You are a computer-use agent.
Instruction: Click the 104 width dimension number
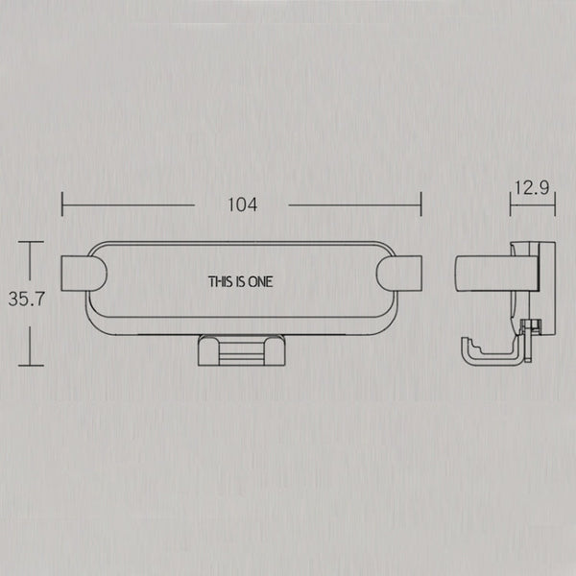pos(243,205)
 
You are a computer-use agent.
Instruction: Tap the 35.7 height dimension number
pos(27,299)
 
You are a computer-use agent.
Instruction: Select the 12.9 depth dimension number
pos(532,188)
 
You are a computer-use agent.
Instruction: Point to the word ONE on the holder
pos(261,281)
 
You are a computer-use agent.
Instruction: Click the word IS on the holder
pos(241,281)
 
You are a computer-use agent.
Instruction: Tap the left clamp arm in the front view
pos(84,274)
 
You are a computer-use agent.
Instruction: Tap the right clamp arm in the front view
pos(399,274)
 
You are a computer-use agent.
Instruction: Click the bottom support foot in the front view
pos(242,350)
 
